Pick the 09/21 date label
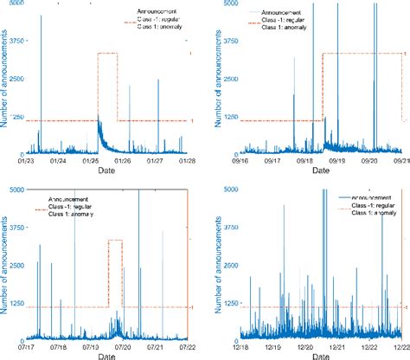point(400,159)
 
